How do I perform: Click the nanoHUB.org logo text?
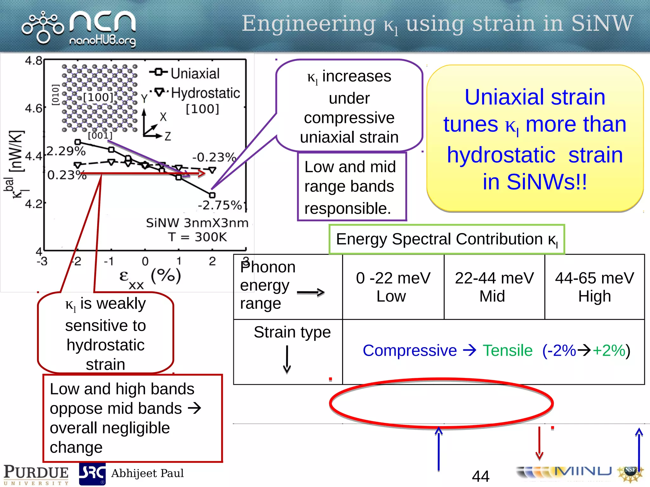coord(102,41)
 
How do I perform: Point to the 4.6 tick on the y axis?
coord(34,108)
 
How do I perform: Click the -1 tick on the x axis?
coord(109,261)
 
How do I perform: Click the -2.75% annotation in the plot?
coord(220,205)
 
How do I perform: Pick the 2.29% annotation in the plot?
coord(66,151)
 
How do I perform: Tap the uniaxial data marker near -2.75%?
coord(212,195)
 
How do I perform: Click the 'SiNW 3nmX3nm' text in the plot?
coord(197,223)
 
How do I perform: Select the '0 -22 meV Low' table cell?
coord(393,287)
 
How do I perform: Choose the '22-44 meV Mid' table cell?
coord(494,287)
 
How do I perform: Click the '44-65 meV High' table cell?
coord(594,287)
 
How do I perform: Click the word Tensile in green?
coord(507,350)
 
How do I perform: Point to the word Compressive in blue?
coord(409,350)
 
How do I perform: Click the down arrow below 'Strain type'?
coord(287,360)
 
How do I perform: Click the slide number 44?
coord(481,476)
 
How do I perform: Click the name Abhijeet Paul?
coord(147,473)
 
